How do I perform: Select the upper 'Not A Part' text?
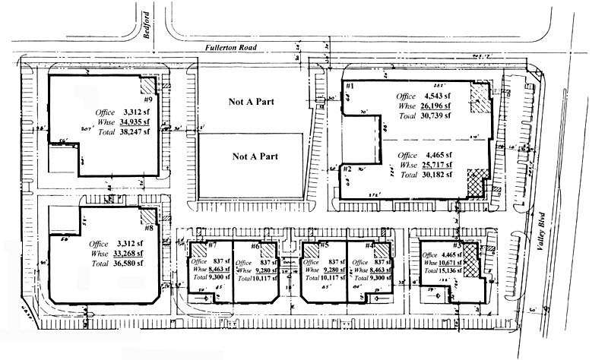click(252, 100)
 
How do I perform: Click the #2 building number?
click(347, 169)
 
